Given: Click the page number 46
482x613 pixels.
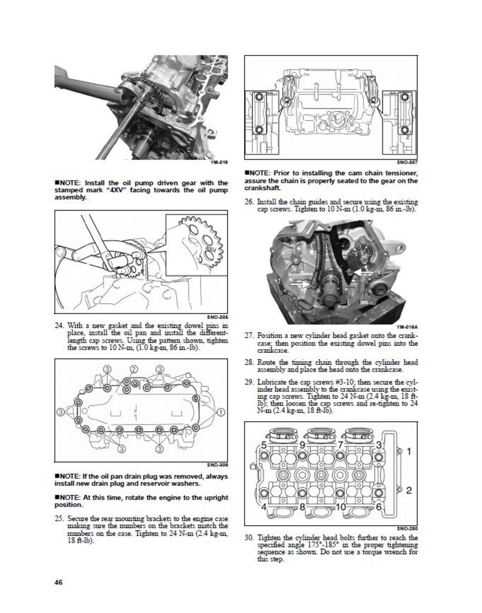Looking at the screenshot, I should pos(59,583).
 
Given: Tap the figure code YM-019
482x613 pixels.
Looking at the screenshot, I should pos(219,162).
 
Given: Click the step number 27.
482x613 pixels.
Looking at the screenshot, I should pos(249,335).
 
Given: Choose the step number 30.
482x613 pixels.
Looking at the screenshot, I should pos(249,538).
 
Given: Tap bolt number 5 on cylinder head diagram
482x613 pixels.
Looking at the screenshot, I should pos(263,446).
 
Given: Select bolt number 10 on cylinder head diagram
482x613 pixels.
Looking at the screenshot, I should pos(340,506).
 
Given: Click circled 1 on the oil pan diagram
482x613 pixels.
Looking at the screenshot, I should pos(222,412).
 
